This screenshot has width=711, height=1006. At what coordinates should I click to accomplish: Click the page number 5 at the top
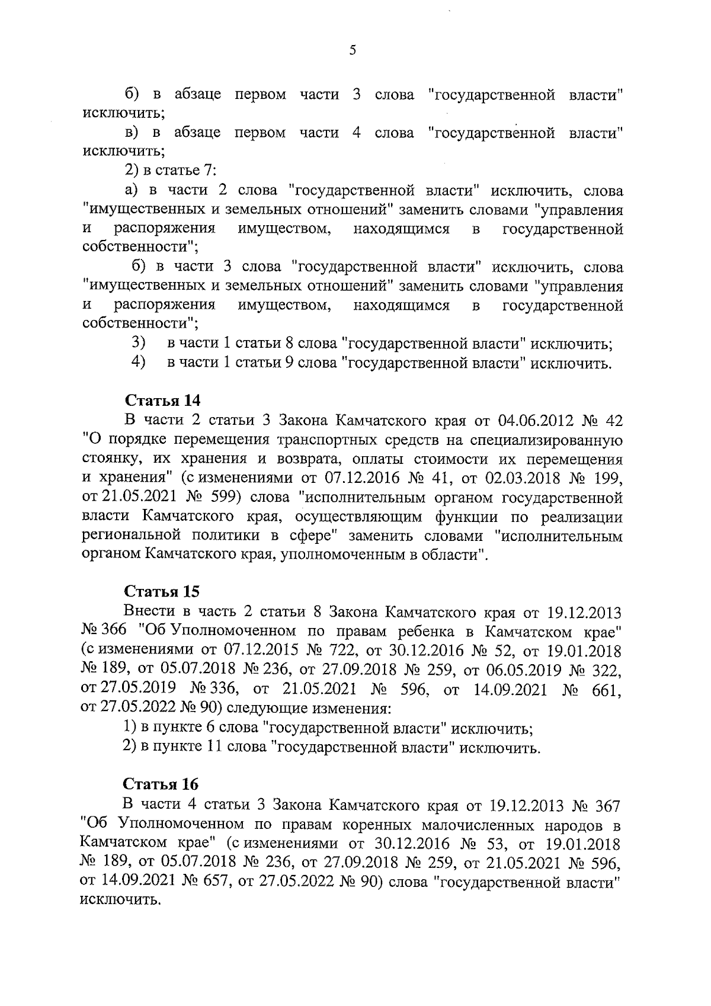click(x=353, y=51)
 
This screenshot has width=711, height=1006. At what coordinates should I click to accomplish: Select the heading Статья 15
click(x=161, y=592)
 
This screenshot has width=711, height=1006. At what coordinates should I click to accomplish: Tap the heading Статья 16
click(x=160, y=784)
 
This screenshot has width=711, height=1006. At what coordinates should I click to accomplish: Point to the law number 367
click(x=605, y=805)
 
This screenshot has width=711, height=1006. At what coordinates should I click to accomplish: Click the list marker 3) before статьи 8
click(x=137, y=343)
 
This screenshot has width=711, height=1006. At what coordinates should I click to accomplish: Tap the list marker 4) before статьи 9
click(x=137, y=362)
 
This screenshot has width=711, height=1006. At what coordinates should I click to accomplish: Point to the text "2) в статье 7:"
click(x=170, y=172)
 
